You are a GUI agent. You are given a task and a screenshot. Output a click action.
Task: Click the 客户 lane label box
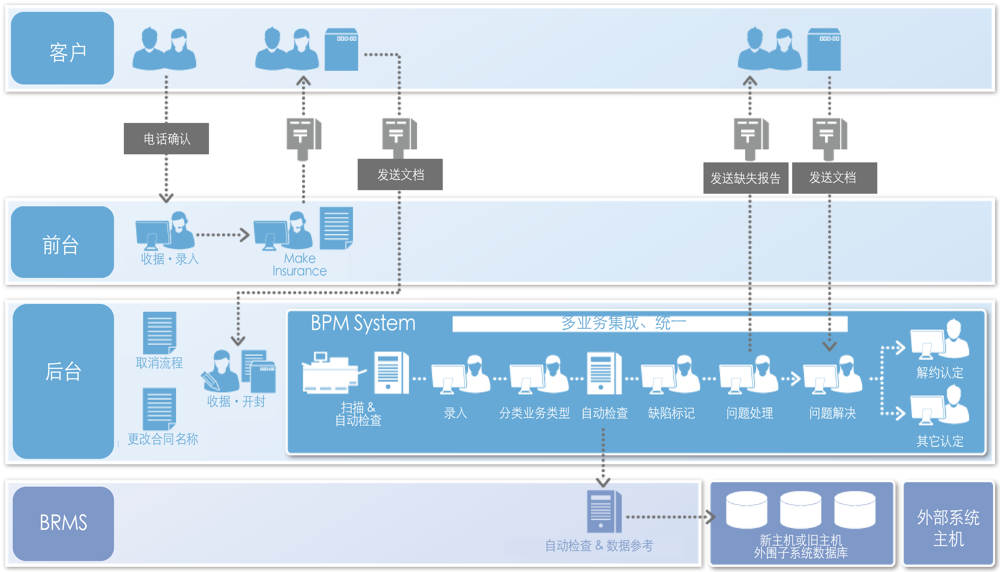pyautogui.click(x=62, y=48)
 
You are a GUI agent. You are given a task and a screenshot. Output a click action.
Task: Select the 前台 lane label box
pyautogui.click(x=62, y=242)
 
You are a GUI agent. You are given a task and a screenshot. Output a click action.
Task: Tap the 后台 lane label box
pyautogui.click(x=63, y=381)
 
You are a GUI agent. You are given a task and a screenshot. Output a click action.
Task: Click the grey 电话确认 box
pyautogui.click(x=166, y=139)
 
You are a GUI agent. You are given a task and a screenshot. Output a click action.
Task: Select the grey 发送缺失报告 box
pyautogui.click(x=746, y=178)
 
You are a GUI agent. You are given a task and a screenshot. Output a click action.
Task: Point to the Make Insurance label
pyautogui.click(x=300, y=264)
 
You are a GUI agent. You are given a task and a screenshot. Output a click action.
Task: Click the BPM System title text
pyautogui.click(x=363, y=323)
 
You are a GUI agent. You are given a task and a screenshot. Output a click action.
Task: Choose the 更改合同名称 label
pyautogui.click(x=163, y=439)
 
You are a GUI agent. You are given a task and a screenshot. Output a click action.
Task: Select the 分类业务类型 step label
pyautogui.click(x=534, y=413)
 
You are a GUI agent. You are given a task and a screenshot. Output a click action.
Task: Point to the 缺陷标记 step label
pyautogui.click(x=671, y=413)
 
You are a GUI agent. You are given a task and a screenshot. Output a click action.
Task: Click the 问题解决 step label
pyautogui.click(x=832, y=413)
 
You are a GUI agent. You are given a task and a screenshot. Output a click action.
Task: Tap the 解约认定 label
pyautogui.click(x=940, y=372)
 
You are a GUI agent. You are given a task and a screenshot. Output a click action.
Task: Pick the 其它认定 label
pyautogui.click(x=940, y=441)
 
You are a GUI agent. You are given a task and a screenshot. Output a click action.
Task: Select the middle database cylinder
pyautogui.click(x=800, y=510)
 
